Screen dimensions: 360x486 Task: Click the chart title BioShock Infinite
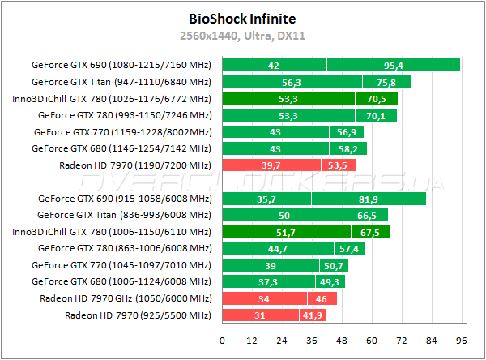click(x=242, y=18)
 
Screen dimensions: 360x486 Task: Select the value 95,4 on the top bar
click(x=394, y=65)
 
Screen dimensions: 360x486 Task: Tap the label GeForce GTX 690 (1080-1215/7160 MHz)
click(x=122, y=65)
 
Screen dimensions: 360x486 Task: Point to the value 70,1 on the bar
click(x=376, y=115)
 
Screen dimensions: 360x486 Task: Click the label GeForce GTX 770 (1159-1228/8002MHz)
click(x=123, y=131)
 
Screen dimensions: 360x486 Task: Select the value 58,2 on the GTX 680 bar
click(x=348, y=148)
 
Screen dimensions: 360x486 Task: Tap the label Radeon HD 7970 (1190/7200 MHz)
click(x=135, y=165)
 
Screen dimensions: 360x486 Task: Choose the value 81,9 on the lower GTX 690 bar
click(x=369, y=199)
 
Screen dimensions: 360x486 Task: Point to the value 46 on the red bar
click(x=322, y=298)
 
